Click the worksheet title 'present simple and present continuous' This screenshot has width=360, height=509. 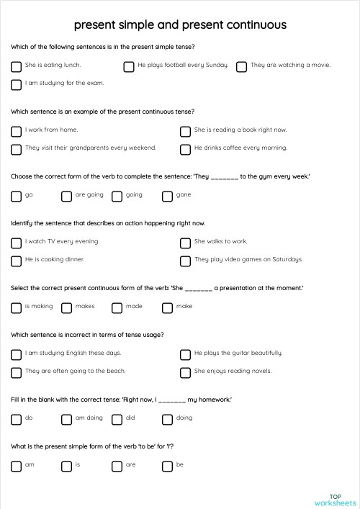pyautogui.click(x=180, y=24)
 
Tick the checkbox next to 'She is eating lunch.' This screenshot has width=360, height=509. pyautogui.click(x=17, y=67)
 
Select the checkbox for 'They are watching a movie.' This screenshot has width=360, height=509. pyautogui.click(x=242, y=67)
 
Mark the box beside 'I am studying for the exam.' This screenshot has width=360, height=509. pyautogui.click(x=17, y=85)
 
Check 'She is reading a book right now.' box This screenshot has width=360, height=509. pyautogui.click(x=185, y=132)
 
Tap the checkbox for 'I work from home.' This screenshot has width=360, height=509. pyautogui.click(x=17, y=132)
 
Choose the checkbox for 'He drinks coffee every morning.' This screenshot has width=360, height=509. pyautogui.click(x=185, y=150)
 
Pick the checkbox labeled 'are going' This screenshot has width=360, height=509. pyautogui.click(x=66, y=196)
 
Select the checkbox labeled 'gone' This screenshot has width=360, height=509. pyautogui.click(x=167, y=196)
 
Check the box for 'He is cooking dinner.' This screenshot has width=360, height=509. pyautogui.click(x=17, y=261)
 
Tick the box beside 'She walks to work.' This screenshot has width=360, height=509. pyautogui.click(x=185, y=243)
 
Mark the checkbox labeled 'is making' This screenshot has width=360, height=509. pyautogui.click(x=17, y=308)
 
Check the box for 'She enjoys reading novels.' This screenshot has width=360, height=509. pyautogui.click(x=185, y=373)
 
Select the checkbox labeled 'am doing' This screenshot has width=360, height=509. pyautogui.click(x=66, y=419)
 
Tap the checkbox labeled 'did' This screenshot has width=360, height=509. pyautogui.click(x=117, y=419)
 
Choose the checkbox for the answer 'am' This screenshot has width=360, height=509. pyautogui.click(x=17, y=466)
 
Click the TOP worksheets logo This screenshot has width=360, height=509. pyautogui.click(x=335, y=499)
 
